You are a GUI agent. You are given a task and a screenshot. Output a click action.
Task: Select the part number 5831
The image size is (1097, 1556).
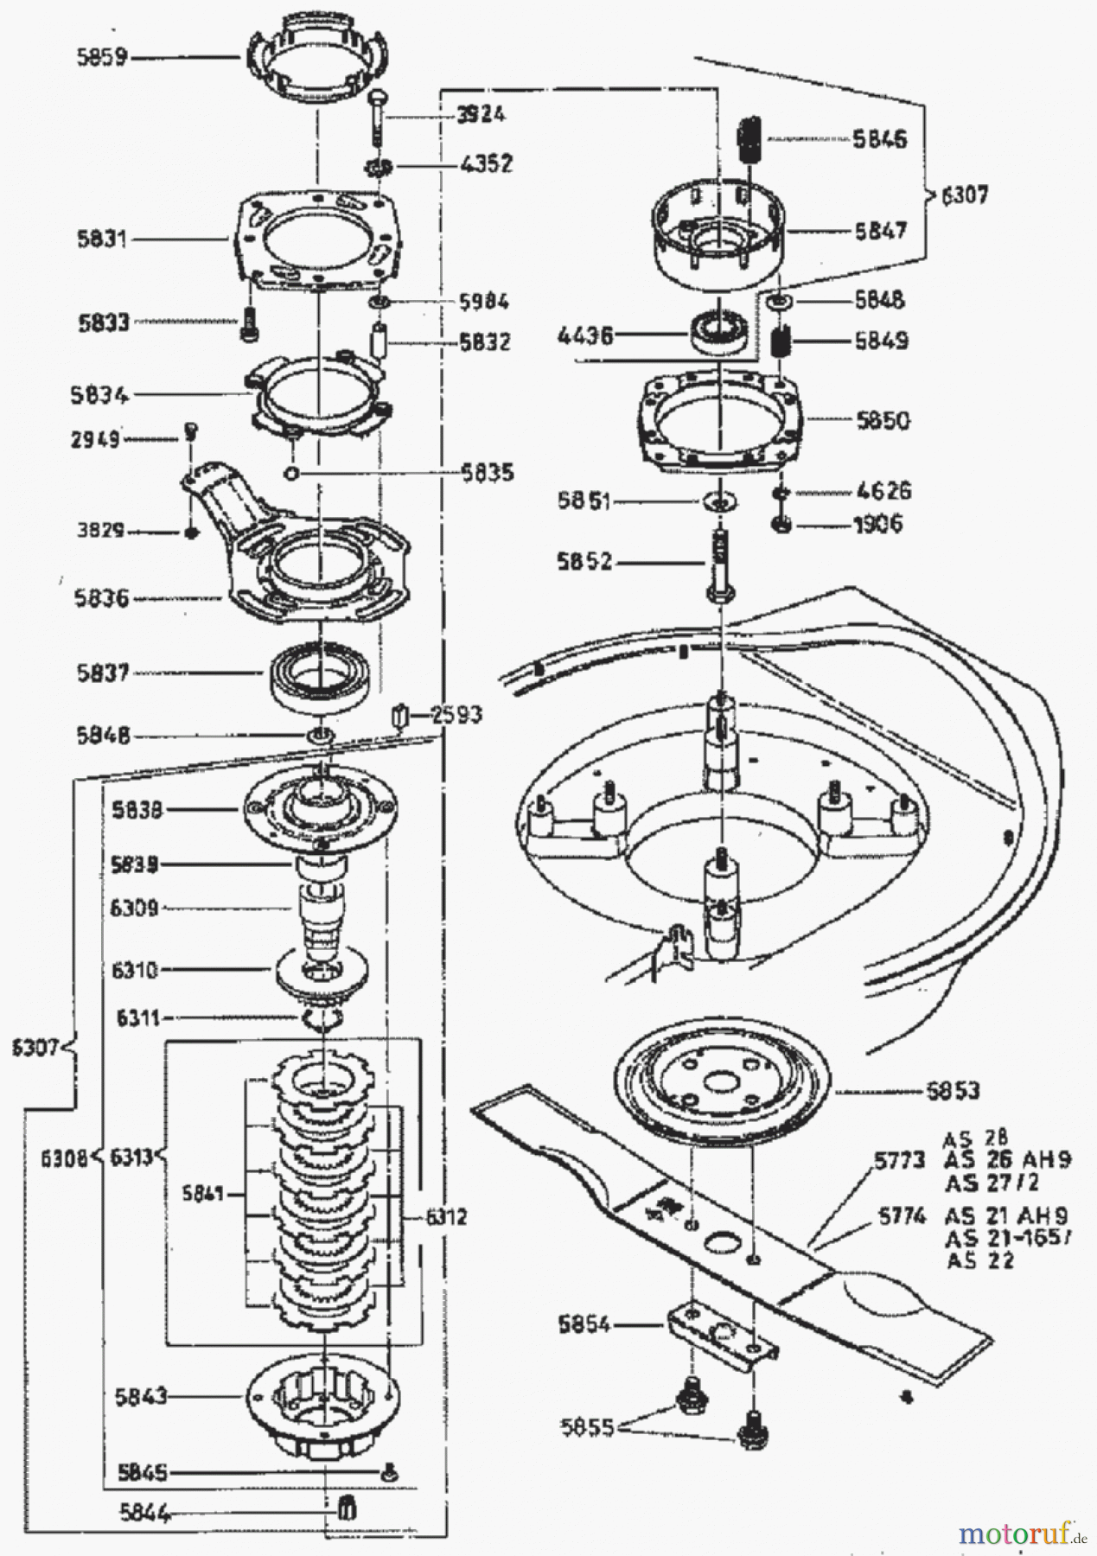pyautogui.click(x=101, y=239)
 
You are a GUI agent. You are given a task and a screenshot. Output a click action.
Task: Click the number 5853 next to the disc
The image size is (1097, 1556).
pyautogui.click(x=953, y=1091)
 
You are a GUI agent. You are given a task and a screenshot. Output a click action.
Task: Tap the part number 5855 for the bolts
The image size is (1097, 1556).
pyautogui.click(x=584, y=1427)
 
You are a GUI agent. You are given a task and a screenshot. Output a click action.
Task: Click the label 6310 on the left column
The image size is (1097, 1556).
pyautogui.click(x=135, y=970)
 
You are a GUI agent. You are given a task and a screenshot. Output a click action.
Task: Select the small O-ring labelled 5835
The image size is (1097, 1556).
pyautogui.click(x=290, y=473)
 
